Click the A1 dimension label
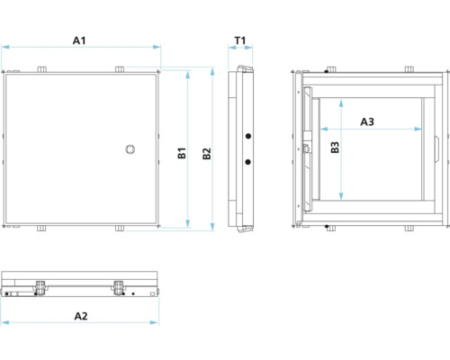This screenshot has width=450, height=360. [x=79, y=40]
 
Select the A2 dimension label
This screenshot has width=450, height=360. [x=80, y=315]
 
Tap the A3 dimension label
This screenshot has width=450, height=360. [x=367, y=121]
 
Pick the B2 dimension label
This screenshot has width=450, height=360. [x=207, y=154]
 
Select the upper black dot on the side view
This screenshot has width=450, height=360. [x=247, y=137]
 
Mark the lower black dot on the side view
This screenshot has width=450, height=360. [x=247, y=162]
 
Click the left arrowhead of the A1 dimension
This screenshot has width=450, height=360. [x=4, y=47]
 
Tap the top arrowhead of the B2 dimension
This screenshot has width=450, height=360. [x=212, y=69]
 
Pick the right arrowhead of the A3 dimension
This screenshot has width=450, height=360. [x=419, y=129]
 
